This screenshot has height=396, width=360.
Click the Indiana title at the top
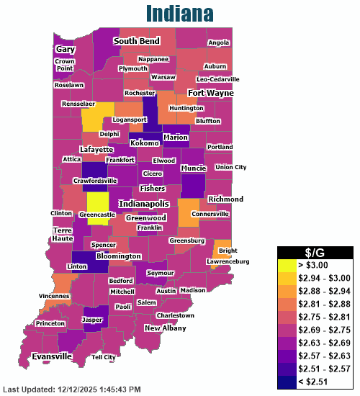(179, 13)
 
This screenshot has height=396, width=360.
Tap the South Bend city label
(135, 42)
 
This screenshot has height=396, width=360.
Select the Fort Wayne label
(210, 93)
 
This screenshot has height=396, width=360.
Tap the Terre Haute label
(63, 234)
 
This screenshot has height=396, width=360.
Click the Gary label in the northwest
(66, 49)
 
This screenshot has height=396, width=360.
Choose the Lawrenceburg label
(233, 261)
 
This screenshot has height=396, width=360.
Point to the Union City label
(230, 167)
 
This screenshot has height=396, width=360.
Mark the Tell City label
(103, 357)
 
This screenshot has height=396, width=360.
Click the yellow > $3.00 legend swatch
(290, 265)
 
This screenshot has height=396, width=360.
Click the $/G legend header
(315, 251)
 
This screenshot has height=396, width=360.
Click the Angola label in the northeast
(218, 42)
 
